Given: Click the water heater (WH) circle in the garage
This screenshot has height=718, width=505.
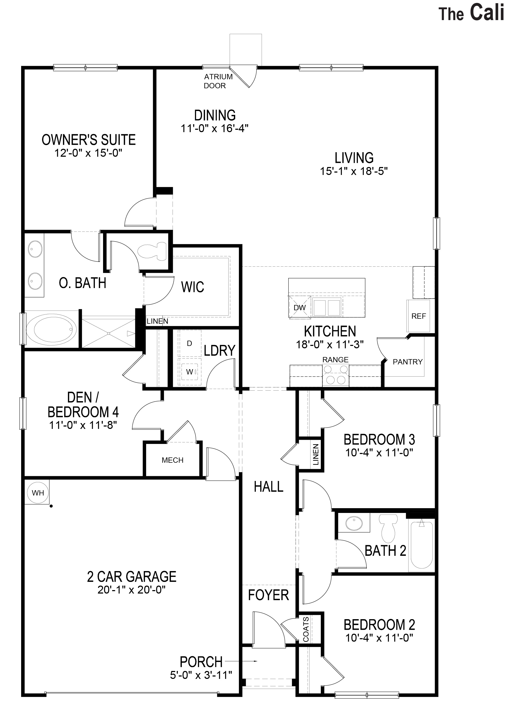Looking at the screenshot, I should coord(38,493).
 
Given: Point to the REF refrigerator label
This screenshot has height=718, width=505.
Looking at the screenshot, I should coord(418,316).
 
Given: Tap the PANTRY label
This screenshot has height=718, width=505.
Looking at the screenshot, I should coord(407,362).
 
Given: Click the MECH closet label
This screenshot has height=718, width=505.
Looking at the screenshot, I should coord(172,460).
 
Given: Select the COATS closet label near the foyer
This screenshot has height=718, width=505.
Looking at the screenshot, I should coord(306,629).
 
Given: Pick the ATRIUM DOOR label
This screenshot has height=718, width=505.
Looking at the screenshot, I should coord(218,81).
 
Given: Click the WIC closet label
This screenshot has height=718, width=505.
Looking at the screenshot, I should coord(193,287).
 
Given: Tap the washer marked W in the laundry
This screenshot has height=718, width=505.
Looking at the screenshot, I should coord(189,372).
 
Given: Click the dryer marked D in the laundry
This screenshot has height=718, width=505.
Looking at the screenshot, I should coord(189,343).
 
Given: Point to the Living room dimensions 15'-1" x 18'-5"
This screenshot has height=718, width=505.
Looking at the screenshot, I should coord(354,171).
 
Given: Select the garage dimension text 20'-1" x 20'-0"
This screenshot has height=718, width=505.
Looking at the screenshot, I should coord(131,590).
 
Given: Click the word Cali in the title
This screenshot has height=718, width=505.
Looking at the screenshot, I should coord(487,13).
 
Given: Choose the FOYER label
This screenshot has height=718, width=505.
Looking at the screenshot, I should coord(268,595).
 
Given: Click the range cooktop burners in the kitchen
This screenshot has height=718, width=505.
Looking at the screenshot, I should coord(336,375).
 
